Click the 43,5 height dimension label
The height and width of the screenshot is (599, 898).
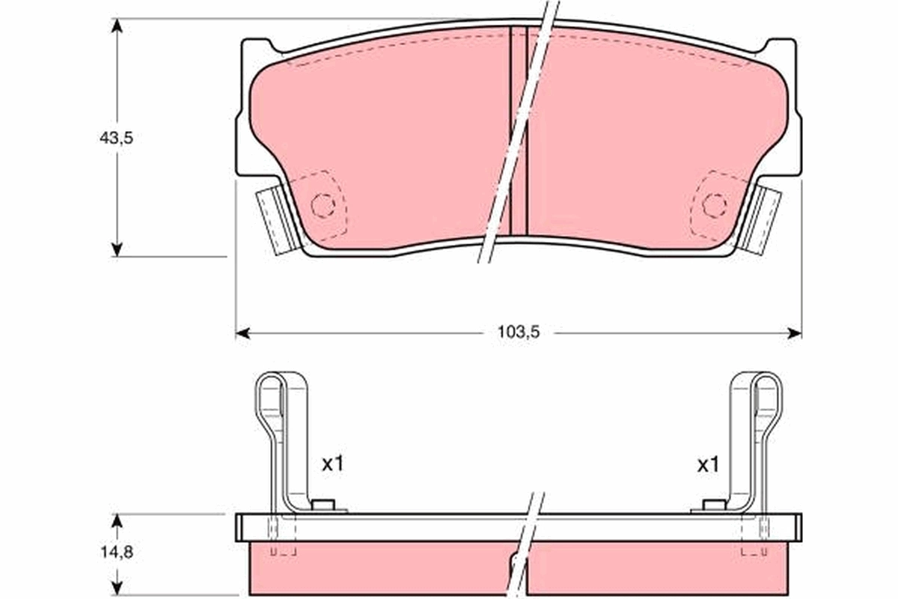(116, 138)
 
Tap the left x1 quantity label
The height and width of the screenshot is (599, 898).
(332, 464)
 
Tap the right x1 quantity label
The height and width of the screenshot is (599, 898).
(707, 464)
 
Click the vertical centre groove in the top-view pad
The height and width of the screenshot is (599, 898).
(519, 131)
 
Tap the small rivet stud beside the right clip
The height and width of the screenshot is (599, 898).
(714, 505)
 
